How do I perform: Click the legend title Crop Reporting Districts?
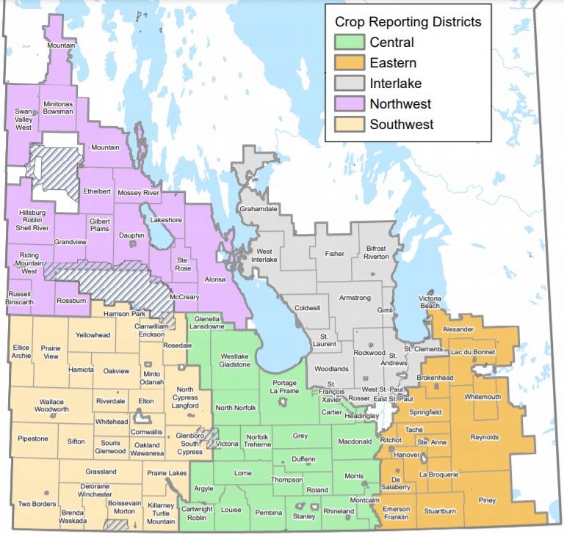point(408,22)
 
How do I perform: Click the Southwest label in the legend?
point(402,125)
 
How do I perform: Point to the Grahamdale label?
point(258,209)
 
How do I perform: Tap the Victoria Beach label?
point(430,303)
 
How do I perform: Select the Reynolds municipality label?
point(484,438)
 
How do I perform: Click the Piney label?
point(487,501)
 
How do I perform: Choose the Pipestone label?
point(33,438)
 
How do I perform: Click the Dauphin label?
point(132,236)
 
